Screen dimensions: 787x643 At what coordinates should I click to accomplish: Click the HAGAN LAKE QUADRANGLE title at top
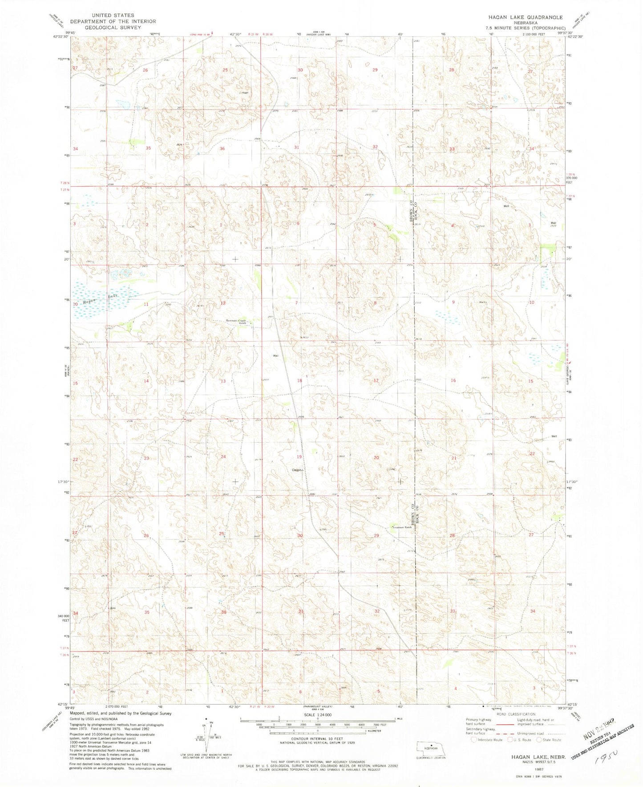click(525, 17)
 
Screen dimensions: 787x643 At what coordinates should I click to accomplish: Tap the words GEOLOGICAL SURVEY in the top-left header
click(113, 27)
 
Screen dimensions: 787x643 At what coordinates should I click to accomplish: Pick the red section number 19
click(299, 457)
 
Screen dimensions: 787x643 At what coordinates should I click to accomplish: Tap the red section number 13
click(223, 381)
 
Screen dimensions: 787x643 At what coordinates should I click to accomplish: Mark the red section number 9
click(453, 302)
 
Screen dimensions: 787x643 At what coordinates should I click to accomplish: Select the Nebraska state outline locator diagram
click(431, 748)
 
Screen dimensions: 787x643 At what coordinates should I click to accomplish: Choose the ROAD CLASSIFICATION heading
click(516, 714)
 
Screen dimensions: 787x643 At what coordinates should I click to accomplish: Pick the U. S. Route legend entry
click(518, 740)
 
